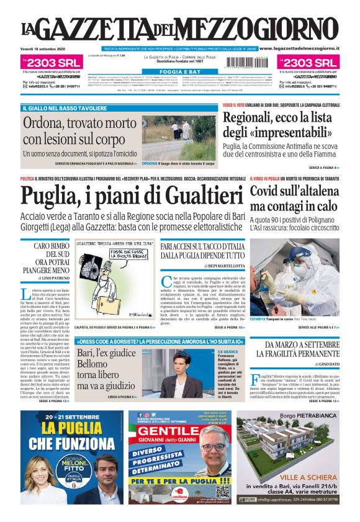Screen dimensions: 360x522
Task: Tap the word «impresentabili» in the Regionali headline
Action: tap(279, 133)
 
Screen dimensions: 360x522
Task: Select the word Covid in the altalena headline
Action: tap(269, 192)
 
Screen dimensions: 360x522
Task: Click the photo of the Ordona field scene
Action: tap(179, 137)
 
